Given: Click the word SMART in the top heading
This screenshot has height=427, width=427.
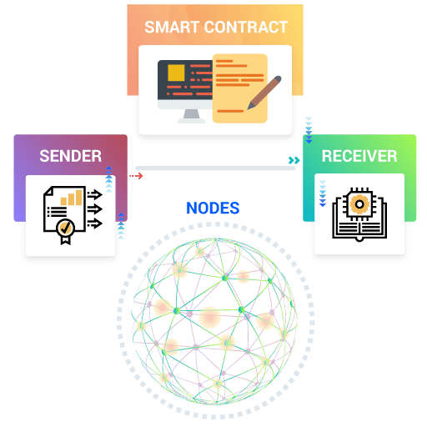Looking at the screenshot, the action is tap(172, 27).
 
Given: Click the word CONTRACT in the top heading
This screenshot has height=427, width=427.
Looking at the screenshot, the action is tap(246, 27).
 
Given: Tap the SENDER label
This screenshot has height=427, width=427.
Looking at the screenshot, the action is tap(71, 156).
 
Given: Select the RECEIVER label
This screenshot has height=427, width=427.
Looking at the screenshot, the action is tap(359, 156).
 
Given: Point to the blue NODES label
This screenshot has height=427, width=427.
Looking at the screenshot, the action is tap(213, 208).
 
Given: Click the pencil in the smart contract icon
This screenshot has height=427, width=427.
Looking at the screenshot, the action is tap(264, 93).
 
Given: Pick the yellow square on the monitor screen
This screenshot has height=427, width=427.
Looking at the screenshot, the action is tap(176, 73).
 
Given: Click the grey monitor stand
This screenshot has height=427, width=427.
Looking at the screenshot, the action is tap(192, 116).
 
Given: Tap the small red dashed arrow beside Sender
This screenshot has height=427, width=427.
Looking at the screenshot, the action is tap(136, 176).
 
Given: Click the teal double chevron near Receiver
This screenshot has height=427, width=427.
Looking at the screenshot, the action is tap(294, 160).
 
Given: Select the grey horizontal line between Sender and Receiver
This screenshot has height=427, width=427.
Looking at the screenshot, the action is tap(215, 168).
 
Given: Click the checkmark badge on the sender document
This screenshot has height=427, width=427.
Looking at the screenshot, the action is tap(66, 229).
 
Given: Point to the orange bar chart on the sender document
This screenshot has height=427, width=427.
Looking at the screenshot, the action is tap(72, 198).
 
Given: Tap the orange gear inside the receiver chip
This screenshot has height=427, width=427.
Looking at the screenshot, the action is tap(359, 204).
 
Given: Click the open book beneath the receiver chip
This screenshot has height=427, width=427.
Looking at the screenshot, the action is tap(359, 227).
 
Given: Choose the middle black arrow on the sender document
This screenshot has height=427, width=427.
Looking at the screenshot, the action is tap(95, 208).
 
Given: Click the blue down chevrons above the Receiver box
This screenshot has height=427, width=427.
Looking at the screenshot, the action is tap(309, 130).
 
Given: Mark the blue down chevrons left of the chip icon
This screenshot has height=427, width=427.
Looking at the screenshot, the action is tap(323, 193).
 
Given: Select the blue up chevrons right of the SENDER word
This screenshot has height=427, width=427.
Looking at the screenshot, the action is tap(109, 179).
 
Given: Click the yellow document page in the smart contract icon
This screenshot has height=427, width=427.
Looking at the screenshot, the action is tap(240, 88).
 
